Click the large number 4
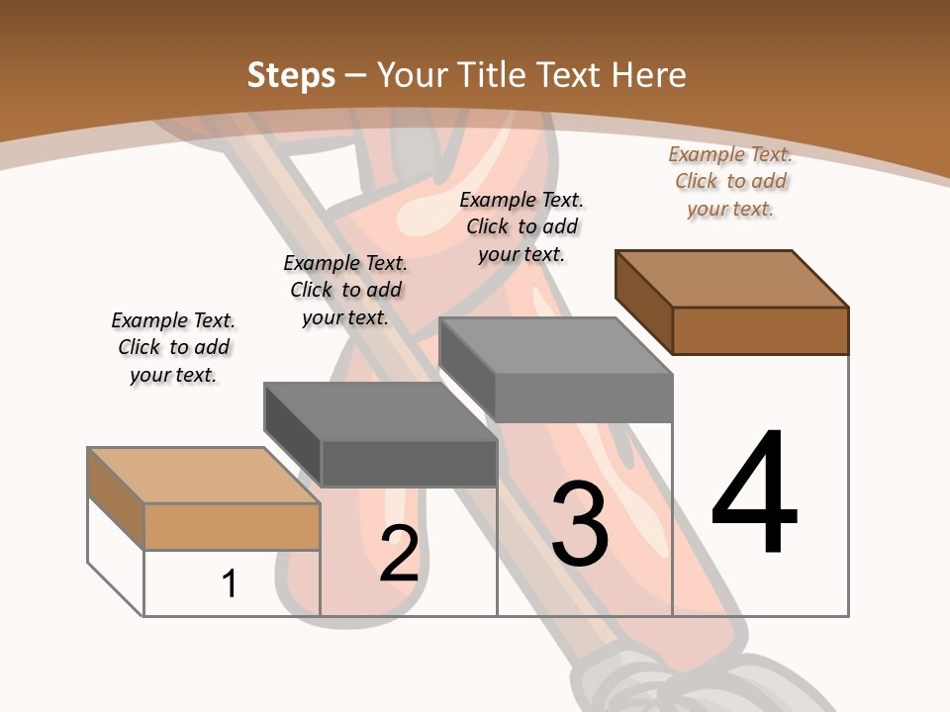(754, 494)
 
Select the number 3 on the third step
(580, 524)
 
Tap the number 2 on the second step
(400, 554)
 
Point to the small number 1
(230, 583)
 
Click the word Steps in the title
(291, 75)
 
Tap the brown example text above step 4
(730, 182)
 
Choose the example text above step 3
(522, 227)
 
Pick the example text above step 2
(345, 291)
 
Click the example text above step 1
(173, 348)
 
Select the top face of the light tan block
(204, 476)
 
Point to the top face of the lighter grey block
(556, 346)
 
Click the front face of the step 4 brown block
(760, 330)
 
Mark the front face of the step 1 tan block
(232, 526)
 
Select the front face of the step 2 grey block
(408, 463)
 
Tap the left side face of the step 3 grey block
(466, 369)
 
